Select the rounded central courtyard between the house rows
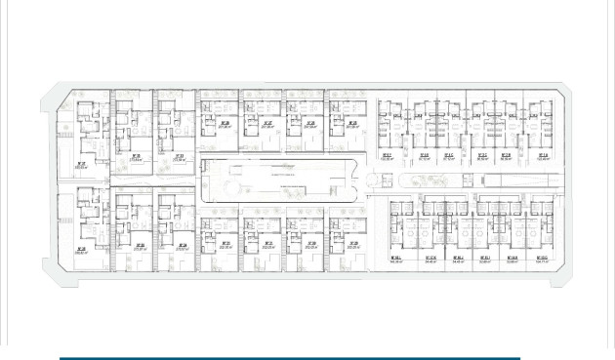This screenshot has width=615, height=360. coord(277,179)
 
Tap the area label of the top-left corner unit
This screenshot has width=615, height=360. coord(83,166)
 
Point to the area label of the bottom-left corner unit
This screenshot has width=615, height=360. coord(83,252)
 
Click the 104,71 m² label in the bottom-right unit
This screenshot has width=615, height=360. coord(542,260)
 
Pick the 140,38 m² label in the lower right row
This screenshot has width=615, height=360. coord(397,260)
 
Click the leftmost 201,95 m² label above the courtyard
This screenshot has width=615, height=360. coord(225,125)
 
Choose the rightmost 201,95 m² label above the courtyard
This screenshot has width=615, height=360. coord(352,125)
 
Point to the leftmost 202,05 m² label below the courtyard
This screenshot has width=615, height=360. coord(225,245)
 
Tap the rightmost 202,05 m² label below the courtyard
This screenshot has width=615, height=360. coord(352,245)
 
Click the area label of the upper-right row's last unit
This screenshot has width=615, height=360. coord(543,156)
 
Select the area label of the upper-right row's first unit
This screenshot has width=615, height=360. coord(387,156)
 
